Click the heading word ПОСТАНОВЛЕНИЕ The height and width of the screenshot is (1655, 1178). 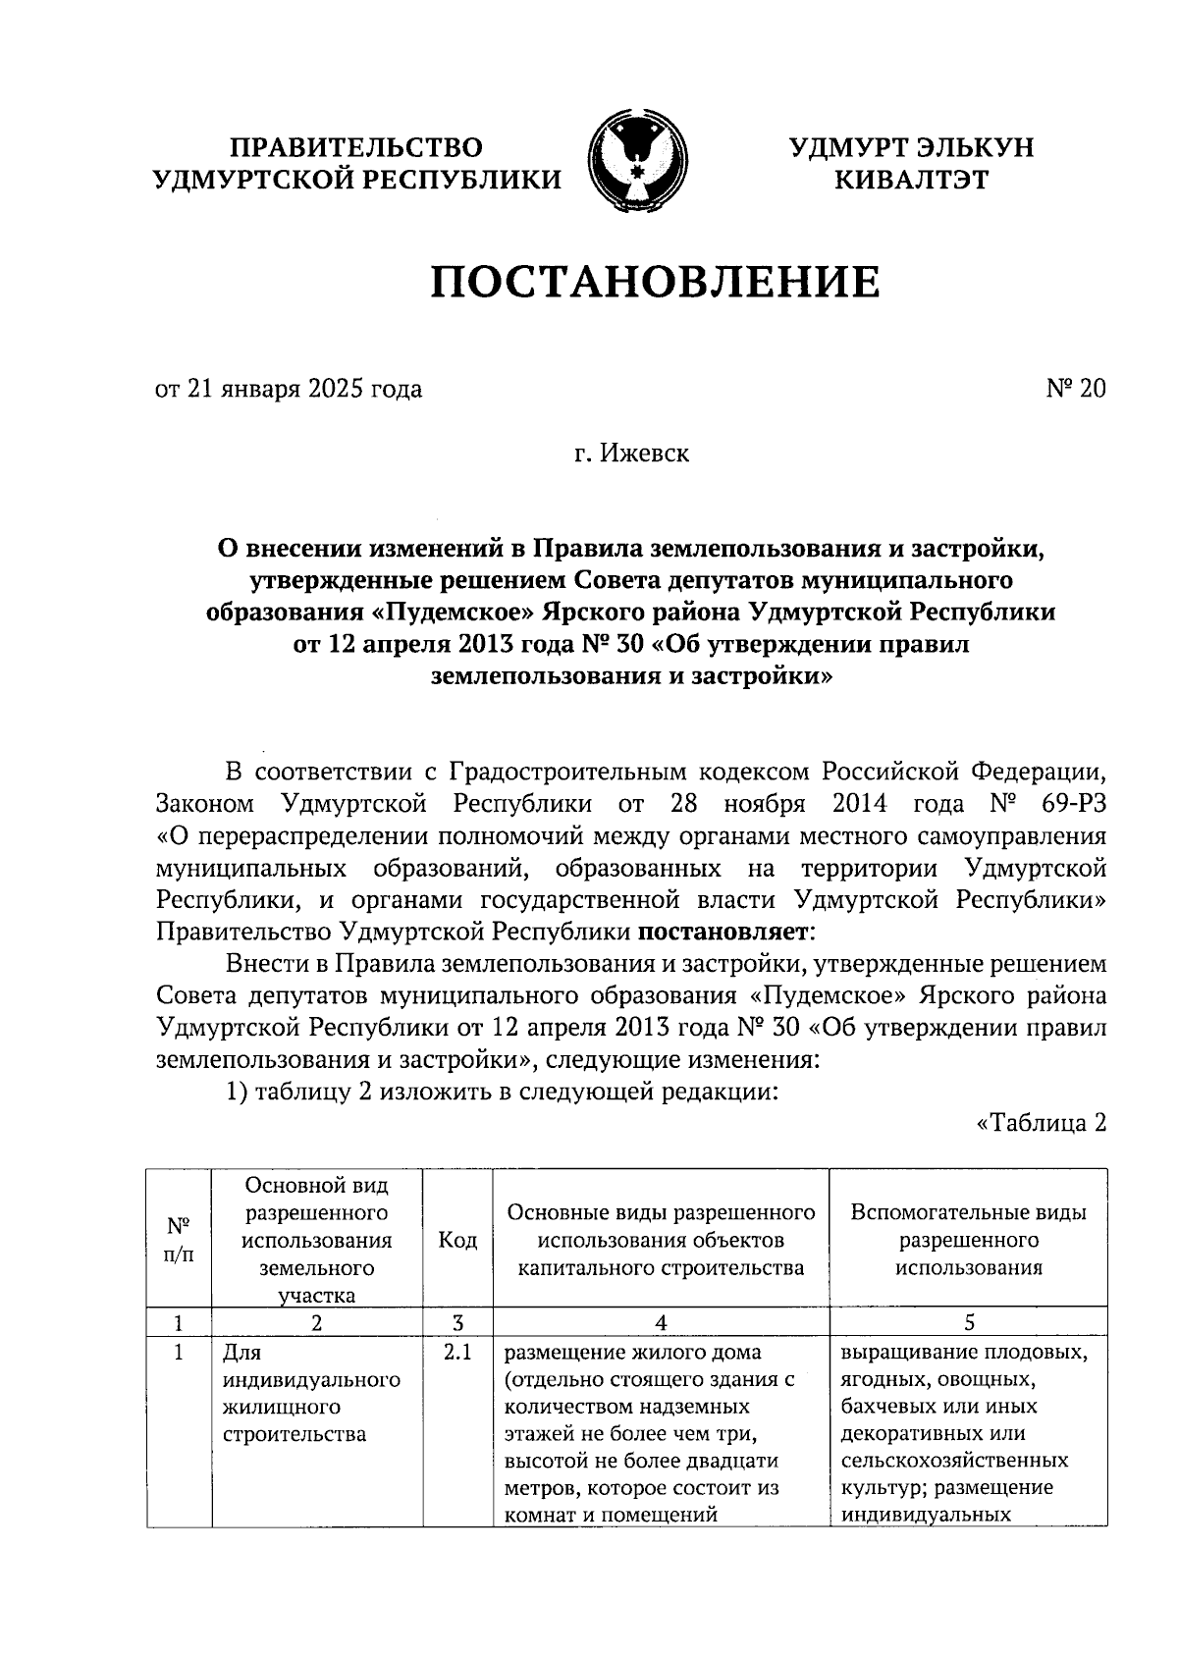pyautogui.click(x=656, y=282)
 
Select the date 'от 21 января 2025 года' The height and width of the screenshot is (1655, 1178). pyautogui.click(x=289, y=390)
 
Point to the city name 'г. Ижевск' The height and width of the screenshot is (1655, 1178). pyautogui.click(x=632, y=454)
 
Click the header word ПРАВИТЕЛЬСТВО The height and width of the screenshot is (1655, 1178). pyautogui.click(x=357, y=147)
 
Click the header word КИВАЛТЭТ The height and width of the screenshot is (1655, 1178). pyautogui.click(x=911, y=180)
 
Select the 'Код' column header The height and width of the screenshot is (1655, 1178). pyautogui.click(x=457, y=1241)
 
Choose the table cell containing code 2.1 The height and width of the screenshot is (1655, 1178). pyautogui.click(x=457, y=1354)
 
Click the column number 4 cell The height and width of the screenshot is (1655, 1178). pyautogui.click(x=661, y=1322)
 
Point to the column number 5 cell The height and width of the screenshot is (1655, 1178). pyautogui.click(x=968, y=1322)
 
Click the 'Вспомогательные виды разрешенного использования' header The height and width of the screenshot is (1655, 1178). pyautogui.click(x=968, y=1240)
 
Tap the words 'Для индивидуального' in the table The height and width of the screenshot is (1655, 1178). pyautogui.click(x=310, y=1366)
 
